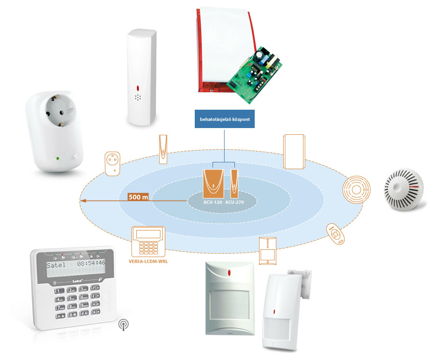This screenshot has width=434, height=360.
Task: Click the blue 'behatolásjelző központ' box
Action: tap(225, 118)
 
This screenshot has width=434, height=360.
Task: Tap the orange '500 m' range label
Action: tap(138, 197)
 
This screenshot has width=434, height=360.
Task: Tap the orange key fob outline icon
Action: tap(336, 234)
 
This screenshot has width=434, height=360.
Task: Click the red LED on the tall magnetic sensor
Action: tap(138, 88)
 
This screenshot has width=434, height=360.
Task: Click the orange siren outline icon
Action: tap(294, 151)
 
